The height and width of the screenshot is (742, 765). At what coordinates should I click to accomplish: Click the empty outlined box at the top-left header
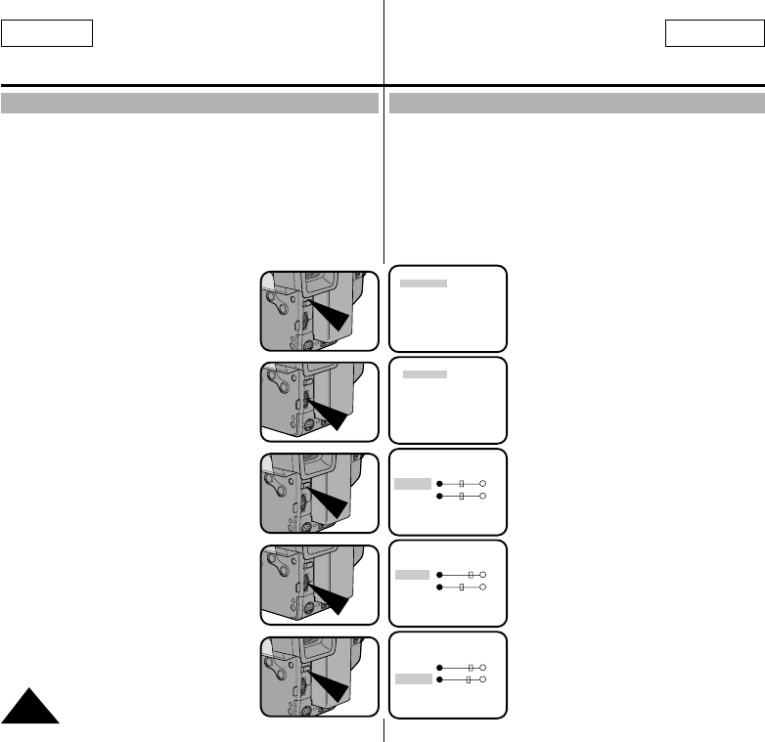coord(47,34)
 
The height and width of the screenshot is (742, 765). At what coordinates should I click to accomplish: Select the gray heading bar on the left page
coord(190,104)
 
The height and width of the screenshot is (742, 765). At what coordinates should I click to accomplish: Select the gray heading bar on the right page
coord(576,104)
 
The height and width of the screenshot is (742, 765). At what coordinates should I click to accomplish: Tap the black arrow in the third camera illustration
coord(334,503)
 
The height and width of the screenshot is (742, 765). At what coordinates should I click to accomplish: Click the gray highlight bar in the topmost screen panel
coord(424,284)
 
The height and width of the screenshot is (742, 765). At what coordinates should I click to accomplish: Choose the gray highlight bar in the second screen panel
coord(426,374)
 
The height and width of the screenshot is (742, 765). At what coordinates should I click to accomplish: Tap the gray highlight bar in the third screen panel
coord(412,483)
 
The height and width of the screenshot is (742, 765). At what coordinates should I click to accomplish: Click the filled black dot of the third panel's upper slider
coord(440,484)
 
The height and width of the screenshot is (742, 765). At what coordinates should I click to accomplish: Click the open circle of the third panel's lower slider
coord(483,497)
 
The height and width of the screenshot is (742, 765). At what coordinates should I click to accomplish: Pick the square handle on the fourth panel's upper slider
coord(471,575)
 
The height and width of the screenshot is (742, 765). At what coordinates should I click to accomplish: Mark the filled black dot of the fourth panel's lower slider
coord(440,588)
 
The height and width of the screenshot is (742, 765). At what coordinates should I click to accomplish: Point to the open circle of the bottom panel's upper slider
coord(483,666)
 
